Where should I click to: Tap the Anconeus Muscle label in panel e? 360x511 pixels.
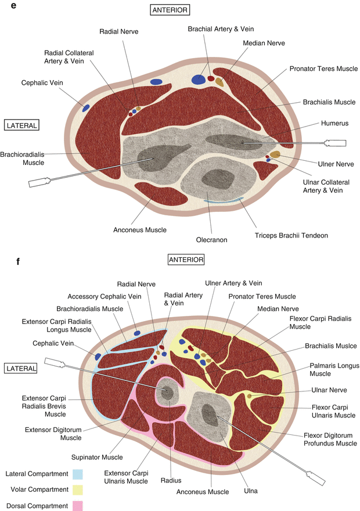pyautogui.click(x=139, y=230)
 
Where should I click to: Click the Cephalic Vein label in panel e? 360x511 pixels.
pyautogui.click(x=42, y=82)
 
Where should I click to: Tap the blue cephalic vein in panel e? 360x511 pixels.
pyautogui.click(x=86, y=108)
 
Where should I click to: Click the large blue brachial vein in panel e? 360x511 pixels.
pyautogui.click(x=199, y=80)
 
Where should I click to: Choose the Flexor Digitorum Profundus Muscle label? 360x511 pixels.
pyautogui.click(x=330, y=439)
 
